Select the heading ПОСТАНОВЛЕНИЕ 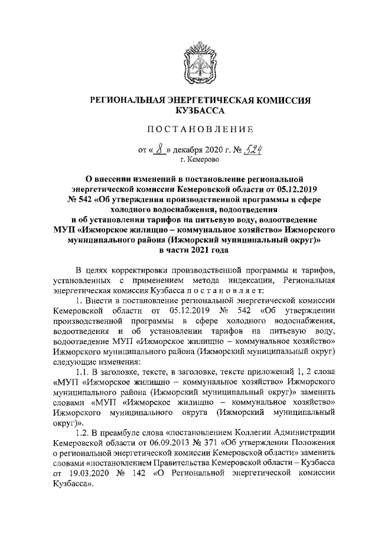[189, 129]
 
